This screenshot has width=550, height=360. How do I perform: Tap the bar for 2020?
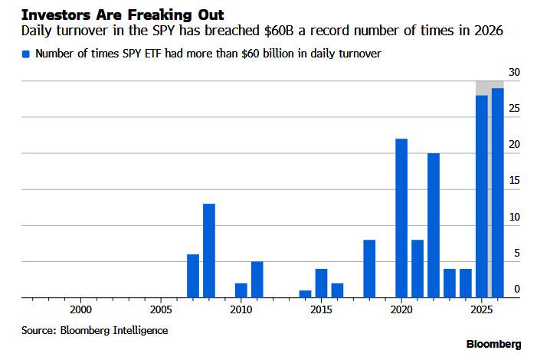coord(401,218)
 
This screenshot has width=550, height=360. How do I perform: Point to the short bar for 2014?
coord(305,294)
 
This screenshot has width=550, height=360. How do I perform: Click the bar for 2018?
coord(369,269)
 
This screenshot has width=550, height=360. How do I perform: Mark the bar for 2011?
coord(257,280)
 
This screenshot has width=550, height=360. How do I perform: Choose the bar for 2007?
coord(193,276)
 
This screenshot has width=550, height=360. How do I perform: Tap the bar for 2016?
coord(337,290)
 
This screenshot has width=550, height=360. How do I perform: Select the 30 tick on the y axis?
coord(517,72)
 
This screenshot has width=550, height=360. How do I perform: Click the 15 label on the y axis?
coord(517,181)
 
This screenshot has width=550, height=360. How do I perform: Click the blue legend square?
coord(27,54)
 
